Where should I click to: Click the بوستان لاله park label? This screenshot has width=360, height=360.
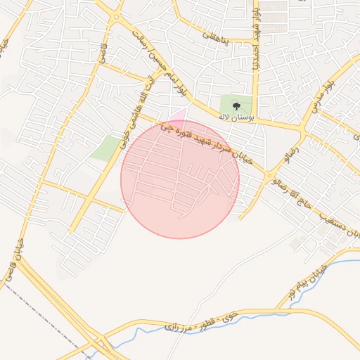[x=236, y=117]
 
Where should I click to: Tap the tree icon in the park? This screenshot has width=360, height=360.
[x=236, y=105]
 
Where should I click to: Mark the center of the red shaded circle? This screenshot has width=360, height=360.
[x=180, y=179]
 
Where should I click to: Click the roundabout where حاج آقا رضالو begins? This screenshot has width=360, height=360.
[x=270, y=175]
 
